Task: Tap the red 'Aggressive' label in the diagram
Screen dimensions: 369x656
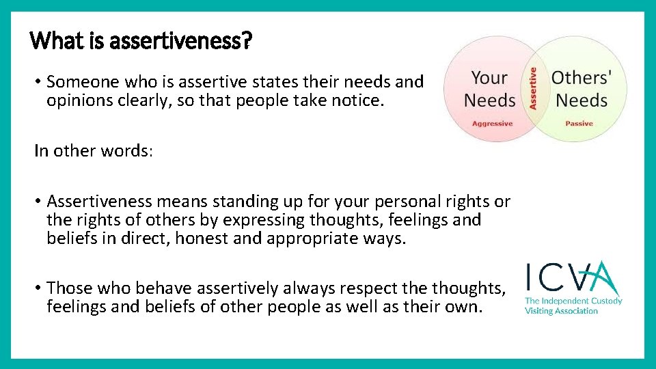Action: [492, 124]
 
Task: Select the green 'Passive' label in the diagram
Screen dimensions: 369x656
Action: [579, 124]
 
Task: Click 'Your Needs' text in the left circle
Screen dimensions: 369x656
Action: [489, 90]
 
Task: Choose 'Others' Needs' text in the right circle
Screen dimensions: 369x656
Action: [580, 89]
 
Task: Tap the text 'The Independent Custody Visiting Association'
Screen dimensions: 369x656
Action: [573, 305]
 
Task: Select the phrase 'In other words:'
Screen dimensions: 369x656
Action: [94, 151]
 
